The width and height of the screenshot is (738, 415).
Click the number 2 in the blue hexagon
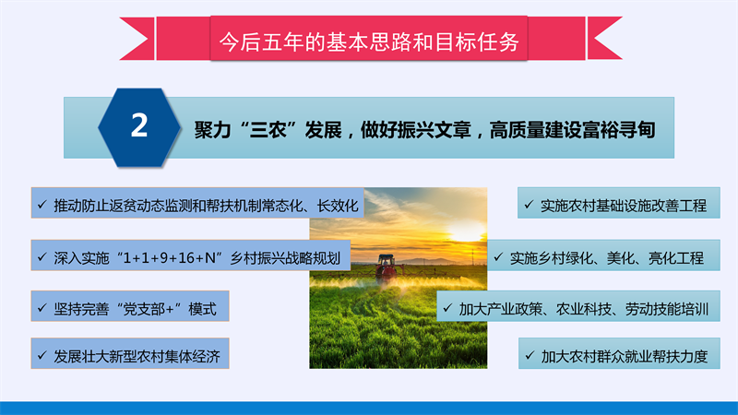(139, 125)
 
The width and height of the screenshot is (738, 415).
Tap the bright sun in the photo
(466, 231)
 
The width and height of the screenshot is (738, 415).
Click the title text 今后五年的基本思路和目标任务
(369, 41)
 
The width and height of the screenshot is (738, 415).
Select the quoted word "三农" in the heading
(268, 129)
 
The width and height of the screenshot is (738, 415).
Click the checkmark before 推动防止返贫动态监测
(42, 205)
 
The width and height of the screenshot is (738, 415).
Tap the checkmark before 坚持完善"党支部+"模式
(42, 308)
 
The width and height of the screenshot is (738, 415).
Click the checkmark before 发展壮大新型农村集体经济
(42, 355)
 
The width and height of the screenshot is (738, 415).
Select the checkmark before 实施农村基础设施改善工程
(529, 205)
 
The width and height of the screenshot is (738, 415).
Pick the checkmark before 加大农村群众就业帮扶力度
(530, 355)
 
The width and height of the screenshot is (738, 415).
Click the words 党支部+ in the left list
(149, 309)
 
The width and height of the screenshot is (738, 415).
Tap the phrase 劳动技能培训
(666, 309)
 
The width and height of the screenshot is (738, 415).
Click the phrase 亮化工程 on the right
(676, 258)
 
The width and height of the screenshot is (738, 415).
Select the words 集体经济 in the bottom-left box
(193, 356)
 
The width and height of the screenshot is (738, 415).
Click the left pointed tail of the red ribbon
(122, 38)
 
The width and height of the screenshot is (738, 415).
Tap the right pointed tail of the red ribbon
(620, 38)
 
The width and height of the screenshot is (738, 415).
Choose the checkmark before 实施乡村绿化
(498, 257)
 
